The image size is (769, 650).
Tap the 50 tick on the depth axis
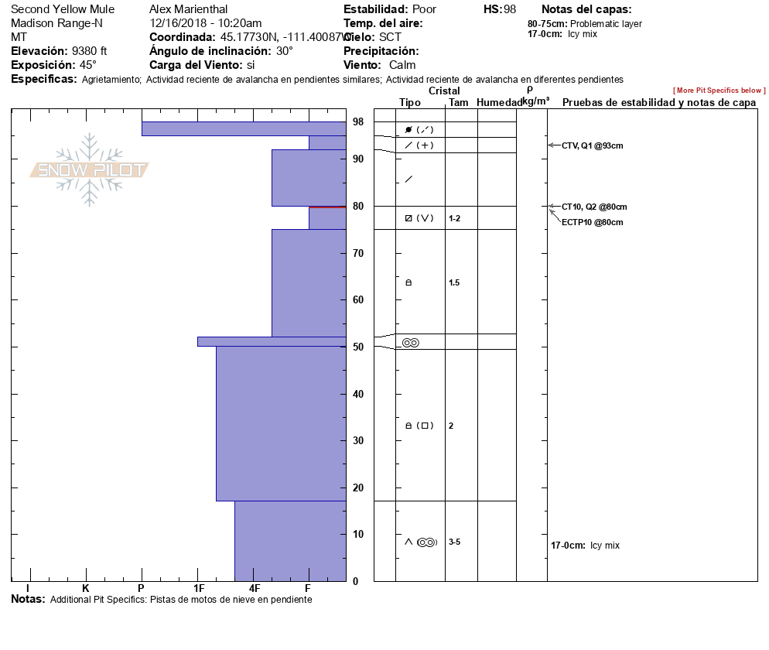tap(358, 347)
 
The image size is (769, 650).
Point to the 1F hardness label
tap(199, 588)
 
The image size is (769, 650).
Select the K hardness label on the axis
tap(86, 588)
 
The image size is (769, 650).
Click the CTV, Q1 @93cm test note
tap(592, 145)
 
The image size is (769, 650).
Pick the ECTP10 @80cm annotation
tap(592, 222)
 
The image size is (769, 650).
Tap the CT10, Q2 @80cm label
tap(593, 207)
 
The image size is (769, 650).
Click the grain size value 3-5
tap(454, 542)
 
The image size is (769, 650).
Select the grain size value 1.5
tap(454, 282)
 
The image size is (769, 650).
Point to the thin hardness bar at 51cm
tap(271, 341)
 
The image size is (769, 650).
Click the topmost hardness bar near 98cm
tap(243, 128)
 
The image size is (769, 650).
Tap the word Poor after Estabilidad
tap(423, 9)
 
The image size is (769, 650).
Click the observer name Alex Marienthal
tap(188, 9)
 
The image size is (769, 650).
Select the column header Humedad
tap(499, 102)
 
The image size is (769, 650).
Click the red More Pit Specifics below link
tap(719, 91)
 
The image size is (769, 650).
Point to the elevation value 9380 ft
tap(89, 51)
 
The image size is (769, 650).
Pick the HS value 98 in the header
tap(509, 9)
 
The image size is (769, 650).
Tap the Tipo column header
tap(410, 102)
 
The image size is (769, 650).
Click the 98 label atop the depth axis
tap(358, 121)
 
